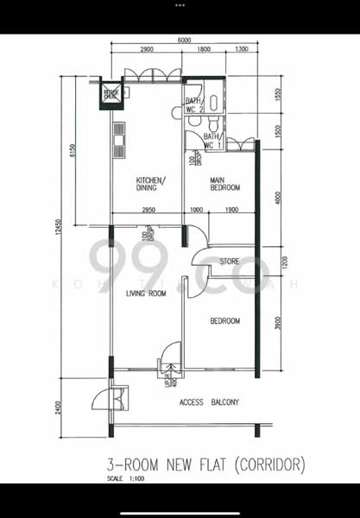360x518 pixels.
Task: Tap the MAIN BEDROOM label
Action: [x=224, y=185]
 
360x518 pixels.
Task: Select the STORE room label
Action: [x=229, y=260]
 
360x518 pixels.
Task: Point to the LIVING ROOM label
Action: [x=146, y=294]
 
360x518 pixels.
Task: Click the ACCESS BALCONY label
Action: [x=209, y=402]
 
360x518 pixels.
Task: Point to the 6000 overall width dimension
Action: [x=185, y=41]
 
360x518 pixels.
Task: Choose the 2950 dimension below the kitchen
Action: [x=148, y=210]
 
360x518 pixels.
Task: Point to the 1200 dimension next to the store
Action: [x=276, y=261]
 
